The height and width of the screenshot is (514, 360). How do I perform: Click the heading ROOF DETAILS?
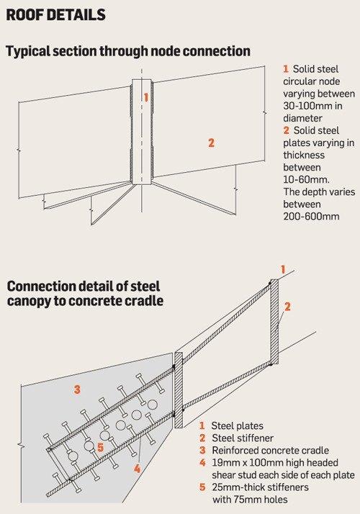(55, 14)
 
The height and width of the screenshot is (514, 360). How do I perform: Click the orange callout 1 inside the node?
(146, 97)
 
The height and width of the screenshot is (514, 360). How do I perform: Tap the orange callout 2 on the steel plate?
(211, 143)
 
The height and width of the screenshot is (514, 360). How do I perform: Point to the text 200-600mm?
(311, 217)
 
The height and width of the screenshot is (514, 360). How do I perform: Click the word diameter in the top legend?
(303, 118)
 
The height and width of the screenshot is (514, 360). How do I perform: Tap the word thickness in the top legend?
(304, 155)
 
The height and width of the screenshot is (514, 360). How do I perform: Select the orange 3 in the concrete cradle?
(77, 389)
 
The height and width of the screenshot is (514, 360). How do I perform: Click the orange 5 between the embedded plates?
(101, 447)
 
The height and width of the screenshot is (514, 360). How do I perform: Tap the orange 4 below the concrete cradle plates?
(137, 469)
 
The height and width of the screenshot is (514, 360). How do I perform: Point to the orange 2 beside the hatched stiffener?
(287, 307)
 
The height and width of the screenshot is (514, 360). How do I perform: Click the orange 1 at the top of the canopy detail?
(283, 269)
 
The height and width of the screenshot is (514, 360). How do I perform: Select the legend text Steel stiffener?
(243, 438)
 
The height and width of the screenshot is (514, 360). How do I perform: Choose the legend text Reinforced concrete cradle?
(270, 451)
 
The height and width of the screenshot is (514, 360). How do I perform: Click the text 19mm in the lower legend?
(224, 463)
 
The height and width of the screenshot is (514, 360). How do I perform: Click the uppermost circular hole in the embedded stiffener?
(152, 405)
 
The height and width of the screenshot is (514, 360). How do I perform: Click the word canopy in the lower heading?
(29, 301)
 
